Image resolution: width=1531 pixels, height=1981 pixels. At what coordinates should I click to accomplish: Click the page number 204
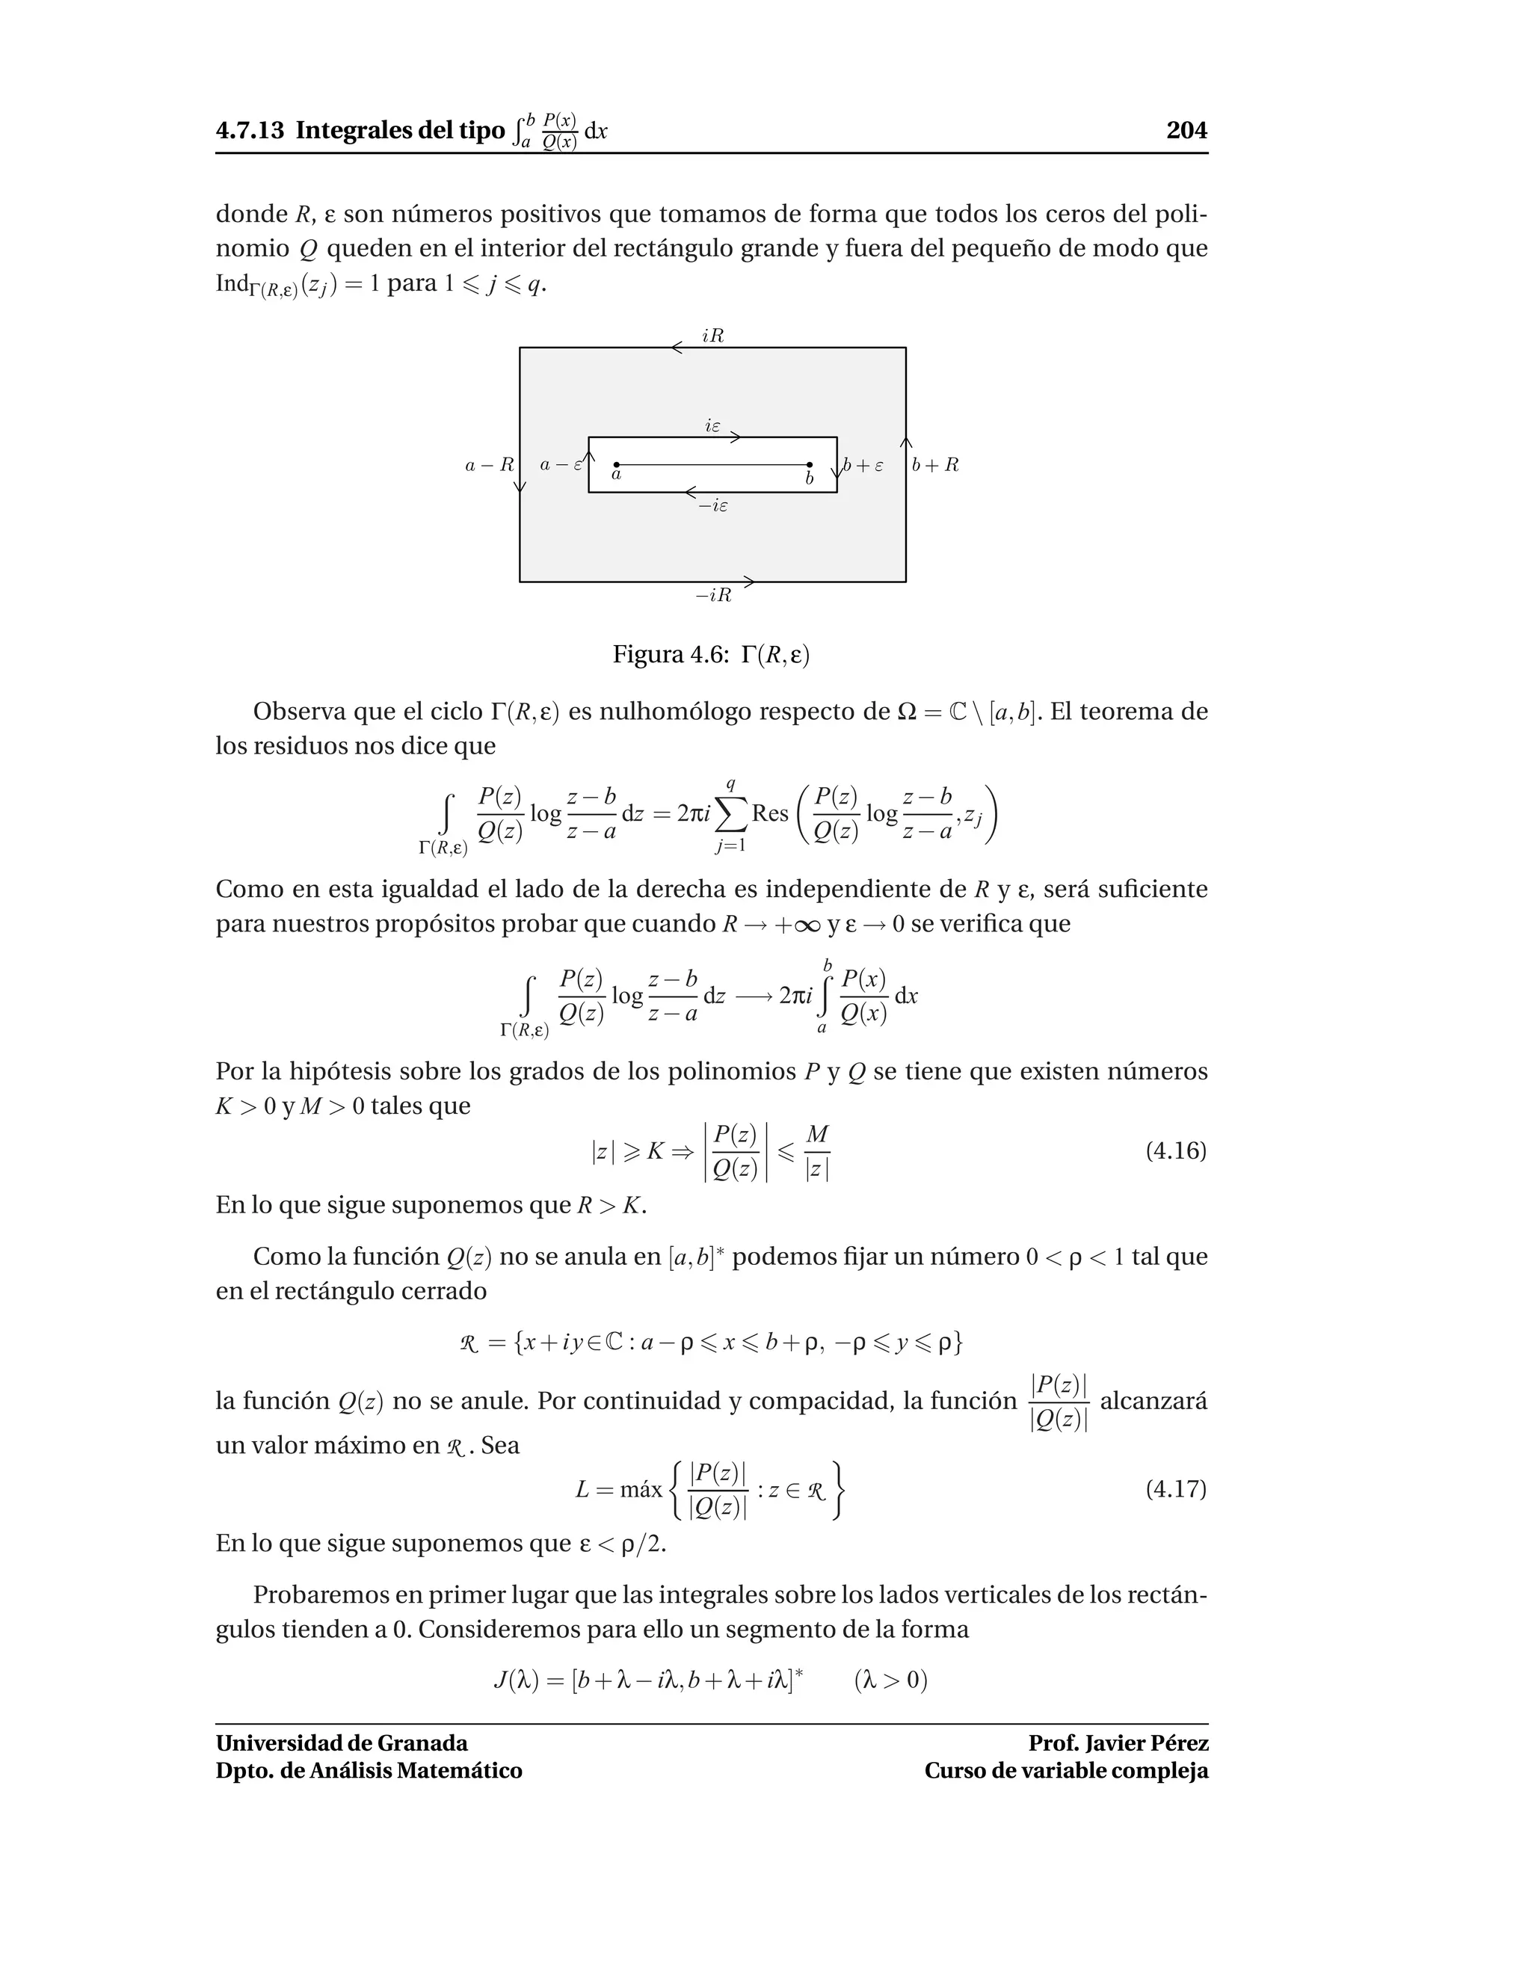[x=1186, y=131]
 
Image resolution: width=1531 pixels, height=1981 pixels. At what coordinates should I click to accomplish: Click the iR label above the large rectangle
[x=713, y=336]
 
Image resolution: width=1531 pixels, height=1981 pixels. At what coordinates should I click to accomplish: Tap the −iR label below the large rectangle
[x=713, y=596]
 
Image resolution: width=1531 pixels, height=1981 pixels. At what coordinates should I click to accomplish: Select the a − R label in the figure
[x=489, y=465]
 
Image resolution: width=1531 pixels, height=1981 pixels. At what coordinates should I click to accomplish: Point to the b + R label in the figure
[x=935, y=465]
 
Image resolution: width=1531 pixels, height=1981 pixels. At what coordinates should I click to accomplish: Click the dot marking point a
[x=617, y=465]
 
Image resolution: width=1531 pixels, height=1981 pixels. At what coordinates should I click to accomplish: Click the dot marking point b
[x=810, y=465]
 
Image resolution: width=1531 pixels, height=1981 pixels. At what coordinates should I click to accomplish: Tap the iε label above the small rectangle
[x=713, y=425]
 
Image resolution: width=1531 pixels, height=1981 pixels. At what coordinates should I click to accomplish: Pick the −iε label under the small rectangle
[x=713, y=506]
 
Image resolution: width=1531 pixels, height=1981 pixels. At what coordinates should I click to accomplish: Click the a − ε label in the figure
[x=560, y=465]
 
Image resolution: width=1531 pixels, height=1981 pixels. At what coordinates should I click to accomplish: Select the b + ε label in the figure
[x=863, y=465]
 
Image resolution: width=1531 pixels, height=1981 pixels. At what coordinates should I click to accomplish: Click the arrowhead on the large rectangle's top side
[x=677, y=348]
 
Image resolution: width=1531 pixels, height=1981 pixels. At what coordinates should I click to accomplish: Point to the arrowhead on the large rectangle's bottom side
[x=748, y=582]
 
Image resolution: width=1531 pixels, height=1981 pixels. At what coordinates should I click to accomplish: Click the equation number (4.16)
[x=1175, y=1151]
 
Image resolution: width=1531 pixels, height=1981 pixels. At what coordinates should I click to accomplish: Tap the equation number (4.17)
[x=1175, y=1489]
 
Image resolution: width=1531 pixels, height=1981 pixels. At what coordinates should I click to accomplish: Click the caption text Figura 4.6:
[x=671, y=655]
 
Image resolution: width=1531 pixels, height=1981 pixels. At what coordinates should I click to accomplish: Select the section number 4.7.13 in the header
[x=250, y=131]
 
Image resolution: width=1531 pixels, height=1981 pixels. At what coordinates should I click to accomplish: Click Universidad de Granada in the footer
[x=342, y=1743]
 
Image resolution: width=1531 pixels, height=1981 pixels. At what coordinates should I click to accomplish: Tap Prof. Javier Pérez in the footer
[x=1118, y=1743]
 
